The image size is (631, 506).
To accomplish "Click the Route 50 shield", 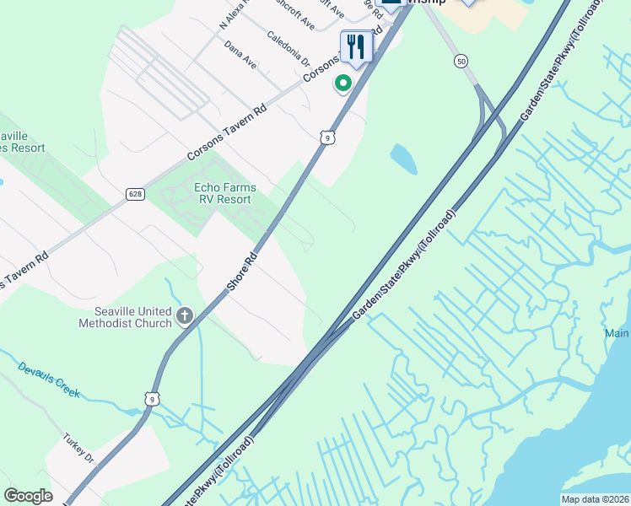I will click(460, 61).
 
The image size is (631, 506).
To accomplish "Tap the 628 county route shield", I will click(136, 194).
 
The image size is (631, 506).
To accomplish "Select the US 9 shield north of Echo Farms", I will click(328, 136).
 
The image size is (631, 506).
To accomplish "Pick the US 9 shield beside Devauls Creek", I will click(152, 397).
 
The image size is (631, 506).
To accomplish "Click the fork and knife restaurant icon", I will click(356, 47).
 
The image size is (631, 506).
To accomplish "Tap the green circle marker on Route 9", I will click(342, 83).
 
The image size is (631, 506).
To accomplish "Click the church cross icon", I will click(185, 316).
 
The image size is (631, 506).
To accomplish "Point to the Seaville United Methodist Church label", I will click(125, 316).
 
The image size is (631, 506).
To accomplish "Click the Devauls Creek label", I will click(48, 379).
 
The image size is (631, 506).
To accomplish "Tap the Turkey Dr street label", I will click(78, 448).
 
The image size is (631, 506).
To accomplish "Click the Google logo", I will click(28, 496).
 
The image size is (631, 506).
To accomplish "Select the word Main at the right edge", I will click(617, 334).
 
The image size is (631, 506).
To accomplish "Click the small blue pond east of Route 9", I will click(403, 158).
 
